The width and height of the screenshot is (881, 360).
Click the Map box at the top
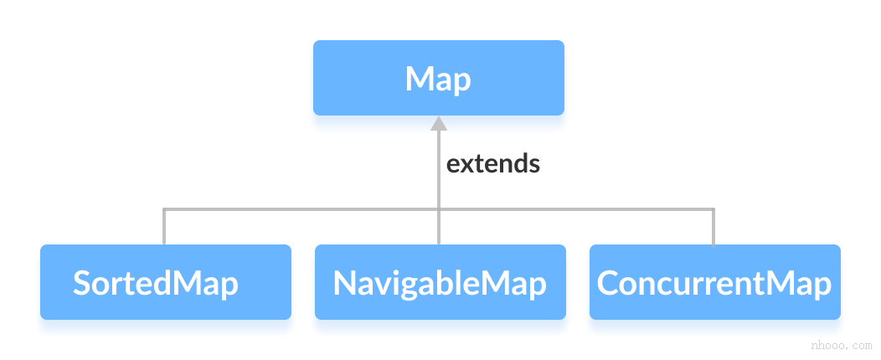(438, 78)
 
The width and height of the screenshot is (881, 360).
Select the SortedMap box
(165, 282)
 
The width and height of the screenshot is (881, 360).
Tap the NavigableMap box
(440, 282)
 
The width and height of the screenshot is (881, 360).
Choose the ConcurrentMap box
(714, 282)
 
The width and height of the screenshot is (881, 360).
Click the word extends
(492, 163)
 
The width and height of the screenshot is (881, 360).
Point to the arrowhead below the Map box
(439, 124)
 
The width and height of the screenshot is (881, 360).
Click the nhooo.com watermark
(842, 346)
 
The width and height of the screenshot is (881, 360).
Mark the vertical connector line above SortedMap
(164, 227)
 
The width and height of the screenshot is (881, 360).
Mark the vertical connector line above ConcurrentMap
(714, 227)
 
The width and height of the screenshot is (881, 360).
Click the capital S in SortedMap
(82, 283)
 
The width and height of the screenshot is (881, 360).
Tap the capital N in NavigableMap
(344, 283)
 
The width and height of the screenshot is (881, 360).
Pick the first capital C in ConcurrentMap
(608, 283)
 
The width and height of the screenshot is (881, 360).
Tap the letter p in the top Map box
(461, 82)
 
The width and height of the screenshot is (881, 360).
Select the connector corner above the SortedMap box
(164, 209)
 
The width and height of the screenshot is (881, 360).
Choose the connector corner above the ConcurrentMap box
(714, 209)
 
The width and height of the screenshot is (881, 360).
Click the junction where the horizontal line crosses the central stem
(439, 209)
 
